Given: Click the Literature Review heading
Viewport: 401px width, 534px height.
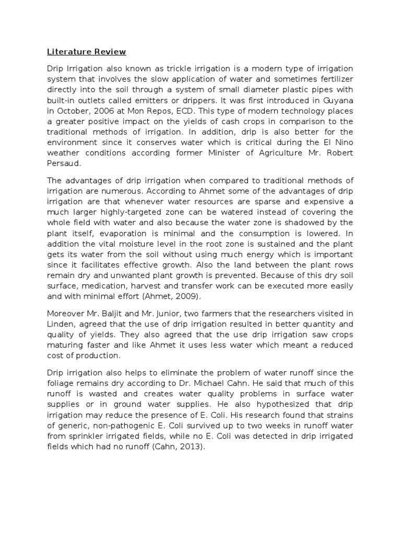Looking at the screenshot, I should click(x=86, y=52).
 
